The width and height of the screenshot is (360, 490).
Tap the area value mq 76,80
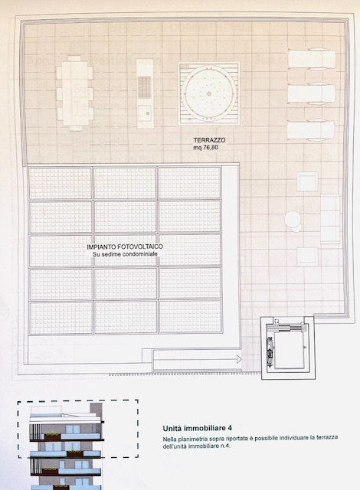[205, 148]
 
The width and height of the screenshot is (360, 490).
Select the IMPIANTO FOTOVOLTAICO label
[125, 247]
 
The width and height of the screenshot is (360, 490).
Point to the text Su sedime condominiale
[125, 254]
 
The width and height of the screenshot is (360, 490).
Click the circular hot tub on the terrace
[209, 93]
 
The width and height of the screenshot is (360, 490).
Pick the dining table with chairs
[75, 93]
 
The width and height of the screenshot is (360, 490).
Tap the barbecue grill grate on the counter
[144, 87]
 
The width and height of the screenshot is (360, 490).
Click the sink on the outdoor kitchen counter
[145, 111]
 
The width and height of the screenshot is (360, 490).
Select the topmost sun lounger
[311, 59]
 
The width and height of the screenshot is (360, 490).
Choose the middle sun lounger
[311, 93]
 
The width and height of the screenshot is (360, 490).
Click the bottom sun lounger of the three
[311, 129]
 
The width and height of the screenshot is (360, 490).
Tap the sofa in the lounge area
[330, 219]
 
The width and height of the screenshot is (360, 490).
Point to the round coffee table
[293, 219]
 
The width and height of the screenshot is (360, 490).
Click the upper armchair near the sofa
[307, 181]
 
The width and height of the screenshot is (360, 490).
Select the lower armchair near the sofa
[307, 256]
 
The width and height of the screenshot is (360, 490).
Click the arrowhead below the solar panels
[239, 359]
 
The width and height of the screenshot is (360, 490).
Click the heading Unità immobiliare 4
[197, 428]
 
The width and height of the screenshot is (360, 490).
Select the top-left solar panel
[61, 183]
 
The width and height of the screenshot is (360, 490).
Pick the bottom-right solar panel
[191, 316]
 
